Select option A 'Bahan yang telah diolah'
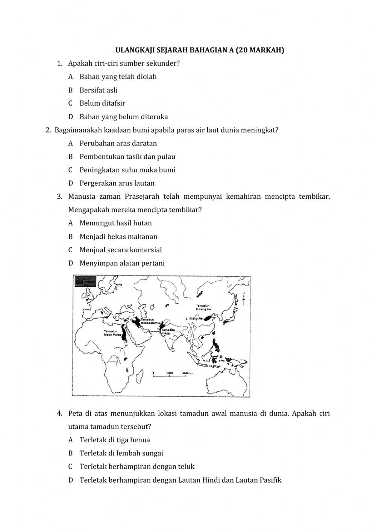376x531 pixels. tap(118, 77)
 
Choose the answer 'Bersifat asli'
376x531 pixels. tap(98, 90)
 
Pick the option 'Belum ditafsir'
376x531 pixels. tap(102, 103)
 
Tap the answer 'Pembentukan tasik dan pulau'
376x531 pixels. tap(127, 157)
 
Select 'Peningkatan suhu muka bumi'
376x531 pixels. tap(127, 170)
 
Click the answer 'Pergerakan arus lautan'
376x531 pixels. tap(117, 183)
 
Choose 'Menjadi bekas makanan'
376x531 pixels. tap(118, 237)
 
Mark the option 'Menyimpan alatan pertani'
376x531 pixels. tap(122, 263)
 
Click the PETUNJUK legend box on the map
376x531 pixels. tap(85, 281)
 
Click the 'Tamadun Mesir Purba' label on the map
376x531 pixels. tap(111, 333)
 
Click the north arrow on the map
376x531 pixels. tap(244, 297)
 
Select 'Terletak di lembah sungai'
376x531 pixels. tap(121, 454)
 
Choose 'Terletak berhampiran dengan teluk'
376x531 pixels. tap(137, 467)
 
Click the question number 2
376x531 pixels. tap(48, 130)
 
